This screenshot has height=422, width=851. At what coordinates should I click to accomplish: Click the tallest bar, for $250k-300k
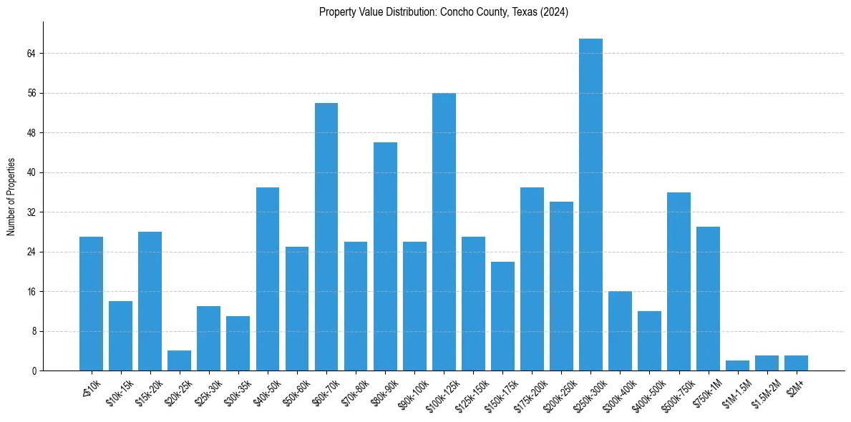(x=590, y=205)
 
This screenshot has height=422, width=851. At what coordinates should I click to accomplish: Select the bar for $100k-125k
(x=444, y=232)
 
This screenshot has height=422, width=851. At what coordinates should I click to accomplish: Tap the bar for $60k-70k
(x=326, y=237)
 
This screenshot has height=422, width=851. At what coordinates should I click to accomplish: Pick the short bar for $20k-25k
(x=179, y=360)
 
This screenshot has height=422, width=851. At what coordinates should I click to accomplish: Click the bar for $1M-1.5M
(x=738, y=365)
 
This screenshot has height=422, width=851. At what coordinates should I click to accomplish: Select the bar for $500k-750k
(x=679, y=282)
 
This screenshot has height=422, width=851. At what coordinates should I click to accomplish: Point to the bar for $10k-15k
(x=120, y=336)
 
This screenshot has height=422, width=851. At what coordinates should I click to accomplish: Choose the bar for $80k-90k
(x=385, y=257)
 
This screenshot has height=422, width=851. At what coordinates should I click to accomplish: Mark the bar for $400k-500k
(x=650, y=341)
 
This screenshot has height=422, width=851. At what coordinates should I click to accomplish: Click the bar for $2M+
(x=796, y=363)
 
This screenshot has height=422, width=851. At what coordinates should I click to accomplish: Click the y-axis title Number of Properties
(x=10, y=197)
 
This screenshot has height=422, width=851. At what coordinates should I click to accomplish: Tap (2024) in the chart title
(x=555, y=12)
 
